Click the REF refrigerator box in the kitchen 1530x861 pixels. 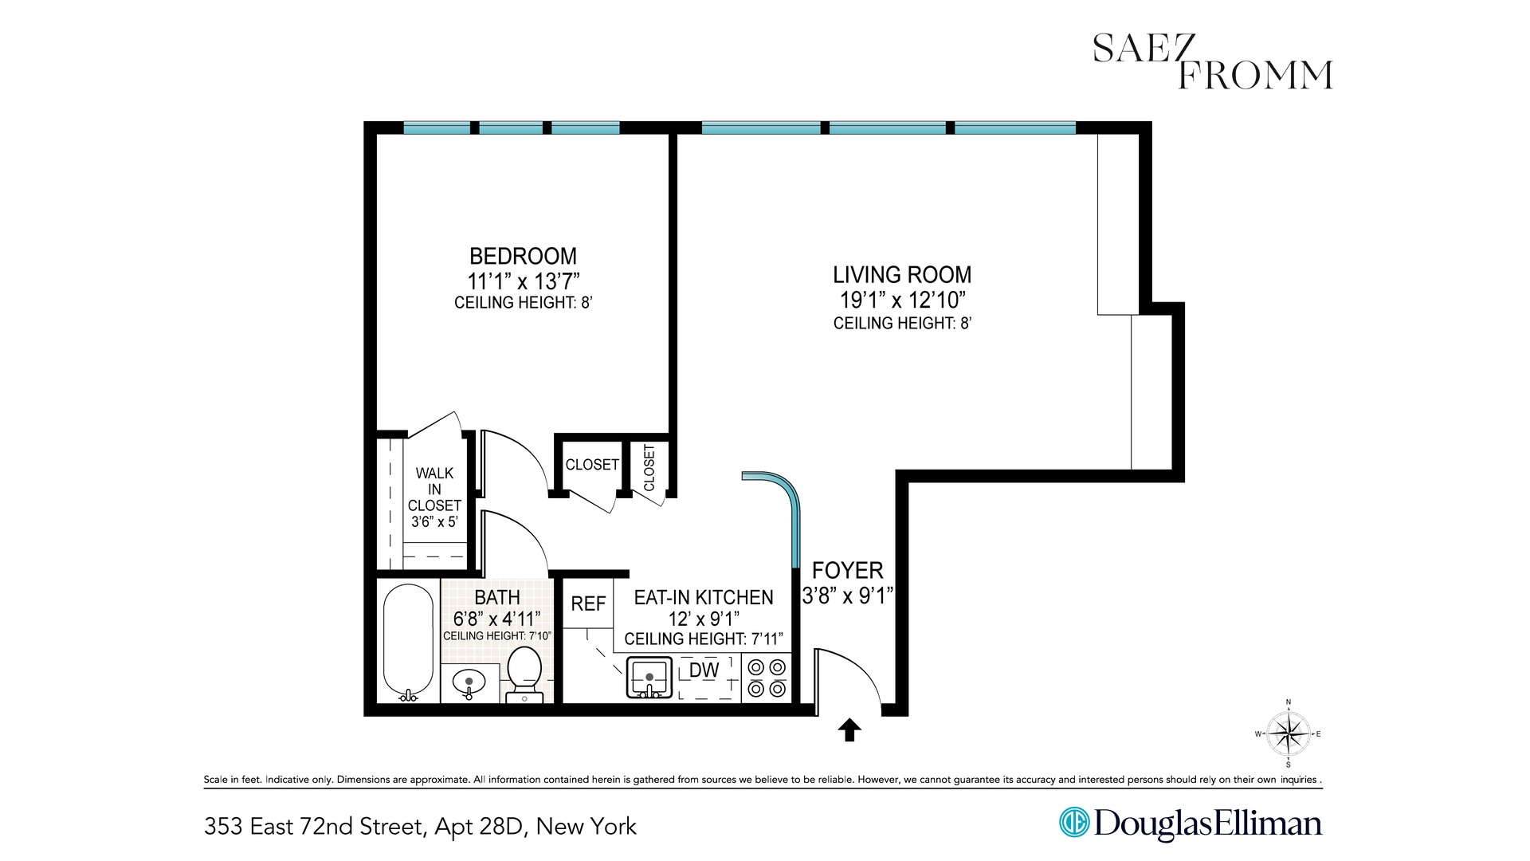click(x=588, y=604)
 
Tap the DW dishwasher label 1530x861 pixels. click(x=704, y=670)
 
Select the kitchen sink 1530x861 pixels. click(x=649, y=678)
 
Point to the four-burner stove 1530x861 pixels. click(x=767, y=678)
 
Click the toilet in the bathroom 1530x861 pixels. click(x=524, y=674)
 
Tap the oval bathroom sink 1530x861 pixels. click(x=469, y=684)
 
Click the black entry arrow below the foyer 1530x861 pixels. click(x=849, y=729)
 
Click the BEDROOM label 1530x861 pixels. click(x=523, y=256)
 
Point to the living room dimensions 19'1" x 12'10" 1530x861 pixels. click(x=902, y=300)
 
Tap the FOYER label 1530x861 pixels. click(x=847, y=570)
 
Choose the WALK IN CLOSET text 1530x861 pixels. click(x=434, y=489)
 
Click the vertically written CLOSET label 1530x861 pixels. click(x=649, y=468)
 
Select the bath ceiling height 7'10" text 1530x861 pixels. click(x=496, y=635)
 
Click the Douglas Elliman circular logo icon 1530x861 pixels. click(x=1073, y=823)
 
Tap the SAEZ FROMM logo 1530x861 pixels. click(x=1211, y=61)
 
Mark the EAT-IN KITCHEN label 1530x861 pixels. click(x=703, y=597)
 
